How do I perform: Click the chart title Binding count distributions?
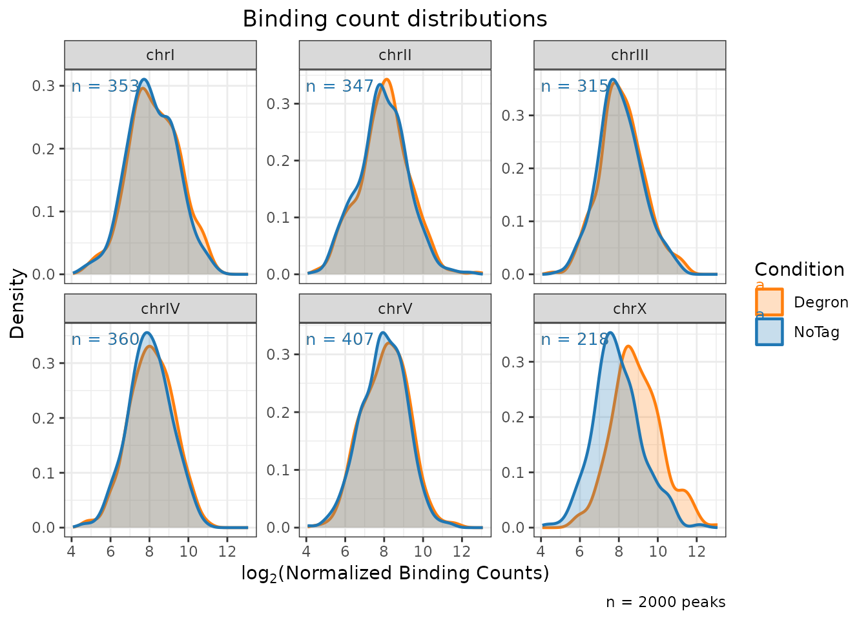(395, 19)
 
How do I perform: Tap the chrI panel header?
(160, 55)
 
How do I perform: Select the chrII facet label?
(395, 55)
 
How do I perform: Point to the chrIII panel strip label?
(630, 55)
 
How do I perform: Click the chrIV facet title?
(160, 309)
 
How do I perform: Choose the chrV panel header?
(395, 309)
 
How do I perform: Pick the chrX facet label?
(630, 309)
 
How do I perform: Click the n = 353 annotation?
(105, 86)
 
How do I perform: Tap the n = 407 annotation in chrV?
(340, 339)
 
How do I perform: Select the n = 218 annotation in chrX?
(575, 339)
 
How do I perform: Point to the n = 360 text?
(105, 339)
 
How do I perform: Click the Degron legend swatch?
(769, 302)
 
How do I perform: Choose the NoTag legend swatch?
(769, 332)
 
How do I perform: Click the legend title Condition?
(799, 269)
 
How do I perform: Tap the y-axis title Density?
(17, 303)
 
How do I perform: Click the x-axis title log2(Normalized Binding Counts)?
(395, 573)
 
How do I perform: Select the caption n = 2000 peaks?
(665, 602)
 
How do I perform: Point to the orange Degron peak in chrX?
(628, 347)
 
